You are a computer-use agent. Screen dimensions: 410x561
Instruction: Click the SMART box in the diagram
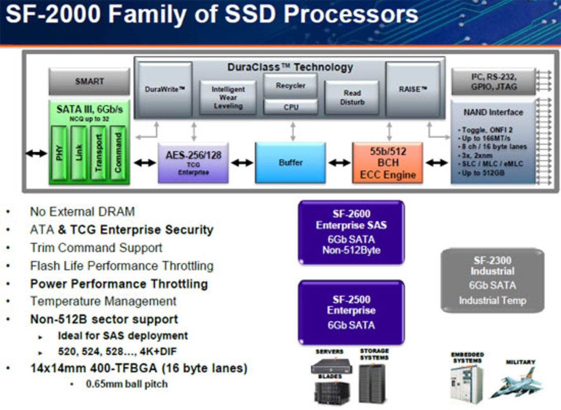click(x=89, y=81)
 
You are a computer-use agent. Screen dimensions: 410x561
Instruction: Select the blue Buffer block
click(x=291, y=163)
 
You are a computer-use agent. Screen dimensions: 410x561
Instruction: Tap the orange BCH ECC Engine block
click(x=387, y=163)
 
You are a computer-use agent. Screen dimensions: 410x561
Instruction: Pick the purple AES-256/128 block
click(x=193, y=163)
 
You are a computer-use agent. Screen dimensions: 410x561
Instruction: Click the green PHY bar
click(x=59, y=152)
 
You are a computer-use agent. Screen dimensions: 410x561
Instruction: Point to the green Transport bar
click(x=99, y=152)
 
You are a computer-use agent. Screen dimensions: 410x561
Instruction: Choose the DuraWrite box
click(x=165, y=89)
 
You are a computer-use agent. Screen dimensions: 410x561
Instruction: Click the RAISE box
click(x=412, y=89)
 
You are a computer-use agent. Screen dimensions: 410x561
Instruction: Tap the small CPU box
click(x=291, y=107)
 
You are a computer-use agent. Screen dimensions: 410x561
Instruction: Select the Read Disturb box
click(x=352, y=98)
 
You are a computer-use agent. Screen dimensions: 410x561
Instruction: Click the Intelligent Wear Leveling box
click(x=228, y=98)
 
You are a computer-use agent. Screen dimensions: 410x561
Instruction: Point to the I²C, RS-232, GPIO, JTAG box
click(x=493, y=81)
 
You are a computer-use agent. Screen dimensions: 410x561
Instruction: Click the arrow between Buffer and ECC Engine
click(x=339, y=163)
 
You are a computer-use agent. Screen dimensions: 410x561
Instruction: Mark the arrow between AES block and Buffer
click(x=242, y=163)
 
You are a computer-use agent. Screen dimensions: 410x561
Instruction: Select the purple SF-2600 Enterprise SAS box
click(x=351, y=232)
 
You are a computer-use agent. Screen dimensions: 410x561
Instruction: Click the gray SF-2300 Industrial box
click(x=492, y=280)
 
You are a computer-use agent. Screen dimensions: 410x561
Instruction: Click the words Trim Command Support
click(x=96, y=247)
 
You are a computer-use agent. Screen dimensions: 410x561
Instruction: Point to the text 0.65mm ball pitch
click(x=127, y=384)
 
